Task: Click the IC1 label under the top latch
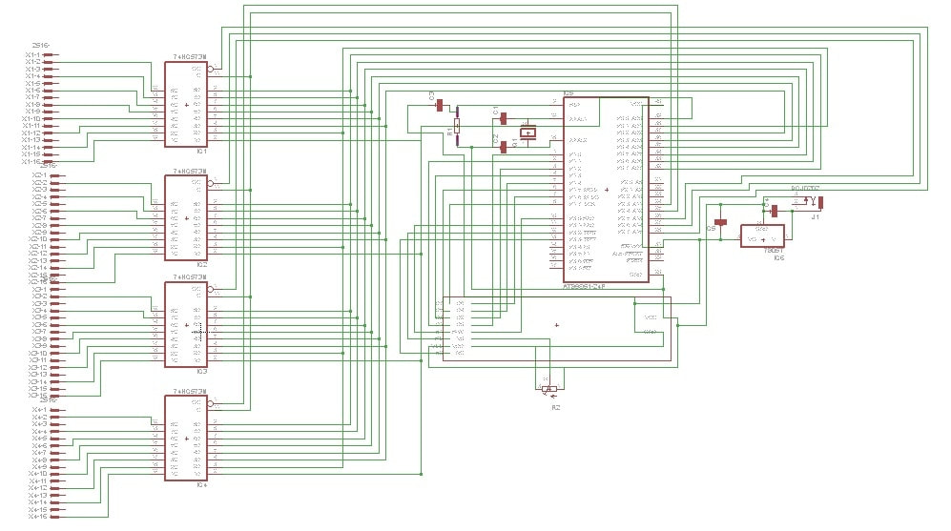[201, 152]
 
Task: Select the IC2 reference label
[201, 263]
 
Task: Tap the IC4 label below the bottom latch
[201, 485]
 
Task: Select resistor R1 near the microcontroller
[457, 125]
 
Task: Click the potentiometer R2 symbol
[548, 389]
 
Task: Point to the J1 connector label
[815, 217]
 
